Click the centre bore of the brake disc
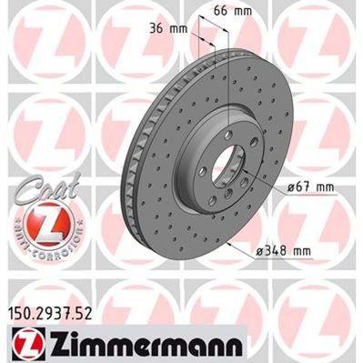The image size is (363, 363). pyautogui.click(x=227, y=170)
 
